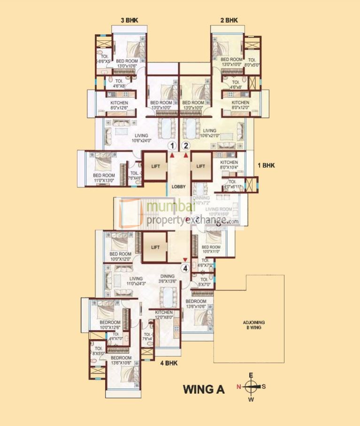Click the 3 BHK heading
click(x=130, y=20)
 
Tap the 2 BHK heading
click(x=229, y=20)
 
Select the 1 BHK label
click(x=266, y=165)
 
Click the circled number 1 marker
click(x=173, y=145)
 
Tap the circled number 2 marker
click(x=186, y=145)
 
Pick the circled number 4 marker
click(x=185, y=269)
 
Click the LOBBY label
click(x=179, y=187)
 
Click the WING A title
click(x=203, y=389)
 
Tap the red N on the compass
click(x=238, y=387)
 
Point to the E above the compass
click(x=251, y=375)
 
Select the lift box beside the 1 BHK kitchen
click(x=201, y=166)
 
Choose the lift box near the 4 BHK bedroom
click(x=155, y=247)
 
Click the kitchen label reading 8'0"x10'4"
click(x=229, y=165)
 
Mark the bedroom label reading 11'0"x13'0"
click(x=104, y=178)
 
